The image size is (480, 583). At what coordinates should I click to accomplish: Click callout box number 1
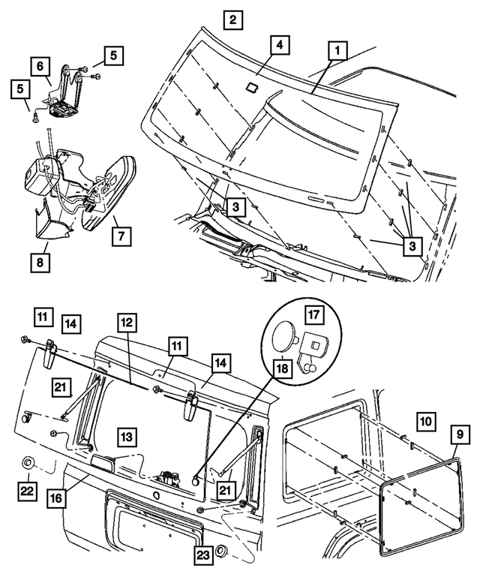tap(337, 51)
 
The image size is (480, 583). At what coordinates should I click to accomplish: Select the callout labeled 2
tap(233, 20)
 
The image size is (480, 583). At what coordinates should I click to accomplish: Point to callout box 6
tap(42, 66)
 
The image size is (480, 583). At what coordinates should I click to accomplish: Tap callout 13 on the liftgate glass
tap(126, 435)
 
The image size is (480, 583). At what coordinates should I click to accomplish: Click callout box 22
tap(27, 491)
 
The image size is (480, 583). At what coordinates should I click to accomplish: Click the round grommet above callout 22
tap(27, 461)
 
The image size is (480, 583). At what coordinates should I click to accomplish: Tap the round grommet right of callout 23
tap(222, 553)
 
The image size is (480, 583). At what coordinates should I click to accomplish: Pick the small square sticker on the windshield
tap(253, 86)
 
